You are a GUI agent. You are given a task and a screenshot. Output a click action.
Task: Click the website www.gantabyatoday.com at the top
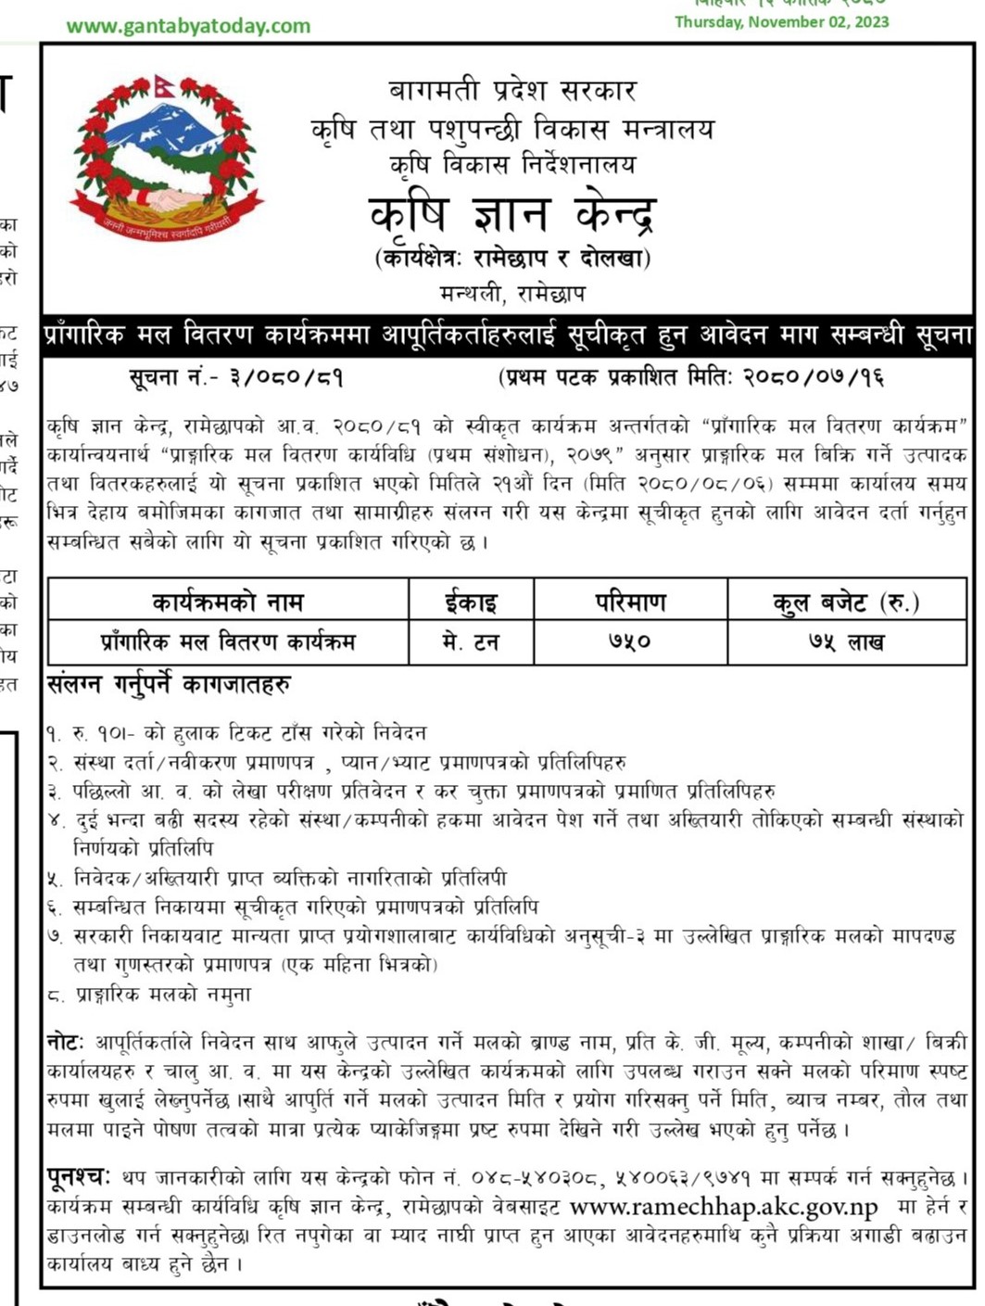click(x=188, y=26)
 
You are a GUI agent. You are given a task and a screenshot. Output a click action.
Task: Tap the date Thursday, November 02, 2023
click(x=781, y=22)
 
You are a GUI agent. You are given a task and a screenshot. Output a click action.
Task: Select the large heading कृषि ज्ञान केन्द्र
click(x=512, y=216)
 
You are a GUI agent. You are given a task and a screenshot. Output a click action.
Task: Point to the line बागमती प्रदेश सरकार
click(x=512, y=91)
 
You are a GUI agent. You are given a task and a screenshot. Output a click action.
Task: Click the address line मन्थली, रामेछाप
click(x=512, y=294)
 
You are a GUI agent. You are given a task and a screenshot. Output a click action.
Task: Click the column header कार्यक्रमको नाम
click(x=228, y=602)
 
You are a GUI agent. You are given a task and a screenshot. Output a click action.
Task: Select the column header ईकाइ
click(x=471, y=602)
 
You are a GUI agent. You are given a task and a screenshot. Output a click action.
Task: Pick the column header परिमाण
click(x=630, y=602)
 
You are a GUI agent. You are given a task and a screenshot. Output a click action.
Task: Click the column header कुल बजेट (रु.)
click(x=846, y=602)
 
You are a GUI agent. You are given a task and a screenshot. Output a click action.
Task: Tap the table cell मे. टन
click(x=471, y=641)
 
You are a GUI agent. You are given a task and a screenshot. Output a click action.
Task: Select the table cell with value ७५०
click(x=630, y=641)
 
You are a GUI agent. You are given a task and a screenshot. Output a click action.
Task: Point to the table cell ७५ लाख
click(x=846, y=641)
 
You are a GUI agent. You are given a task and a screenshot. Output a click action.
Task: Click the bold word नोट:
click(x=66, y=1042)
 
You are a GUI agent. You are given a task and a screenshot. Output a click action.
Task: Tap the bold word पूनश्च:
click(x=79, y=1177)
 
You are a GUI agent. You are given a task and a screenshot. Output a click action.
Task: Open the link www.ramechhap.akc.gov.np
click(x=724, y=1207)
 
